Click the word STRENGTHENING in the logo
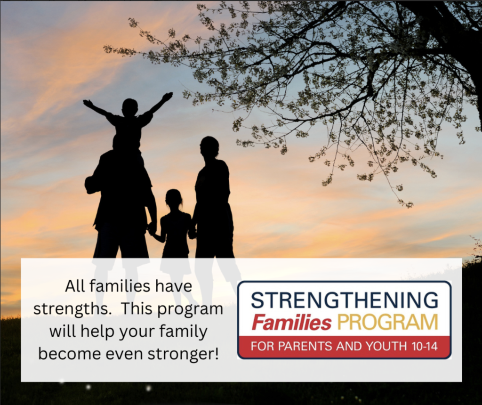pos(344,300)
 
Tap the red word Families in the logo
pos(291,322)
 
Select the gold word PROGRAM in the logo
pos(387,322)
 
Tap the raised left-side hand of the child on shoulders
pos(88,103)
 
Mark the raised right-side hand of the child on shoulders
pos(168,96)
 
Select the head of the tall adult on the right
pos(209,146)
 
